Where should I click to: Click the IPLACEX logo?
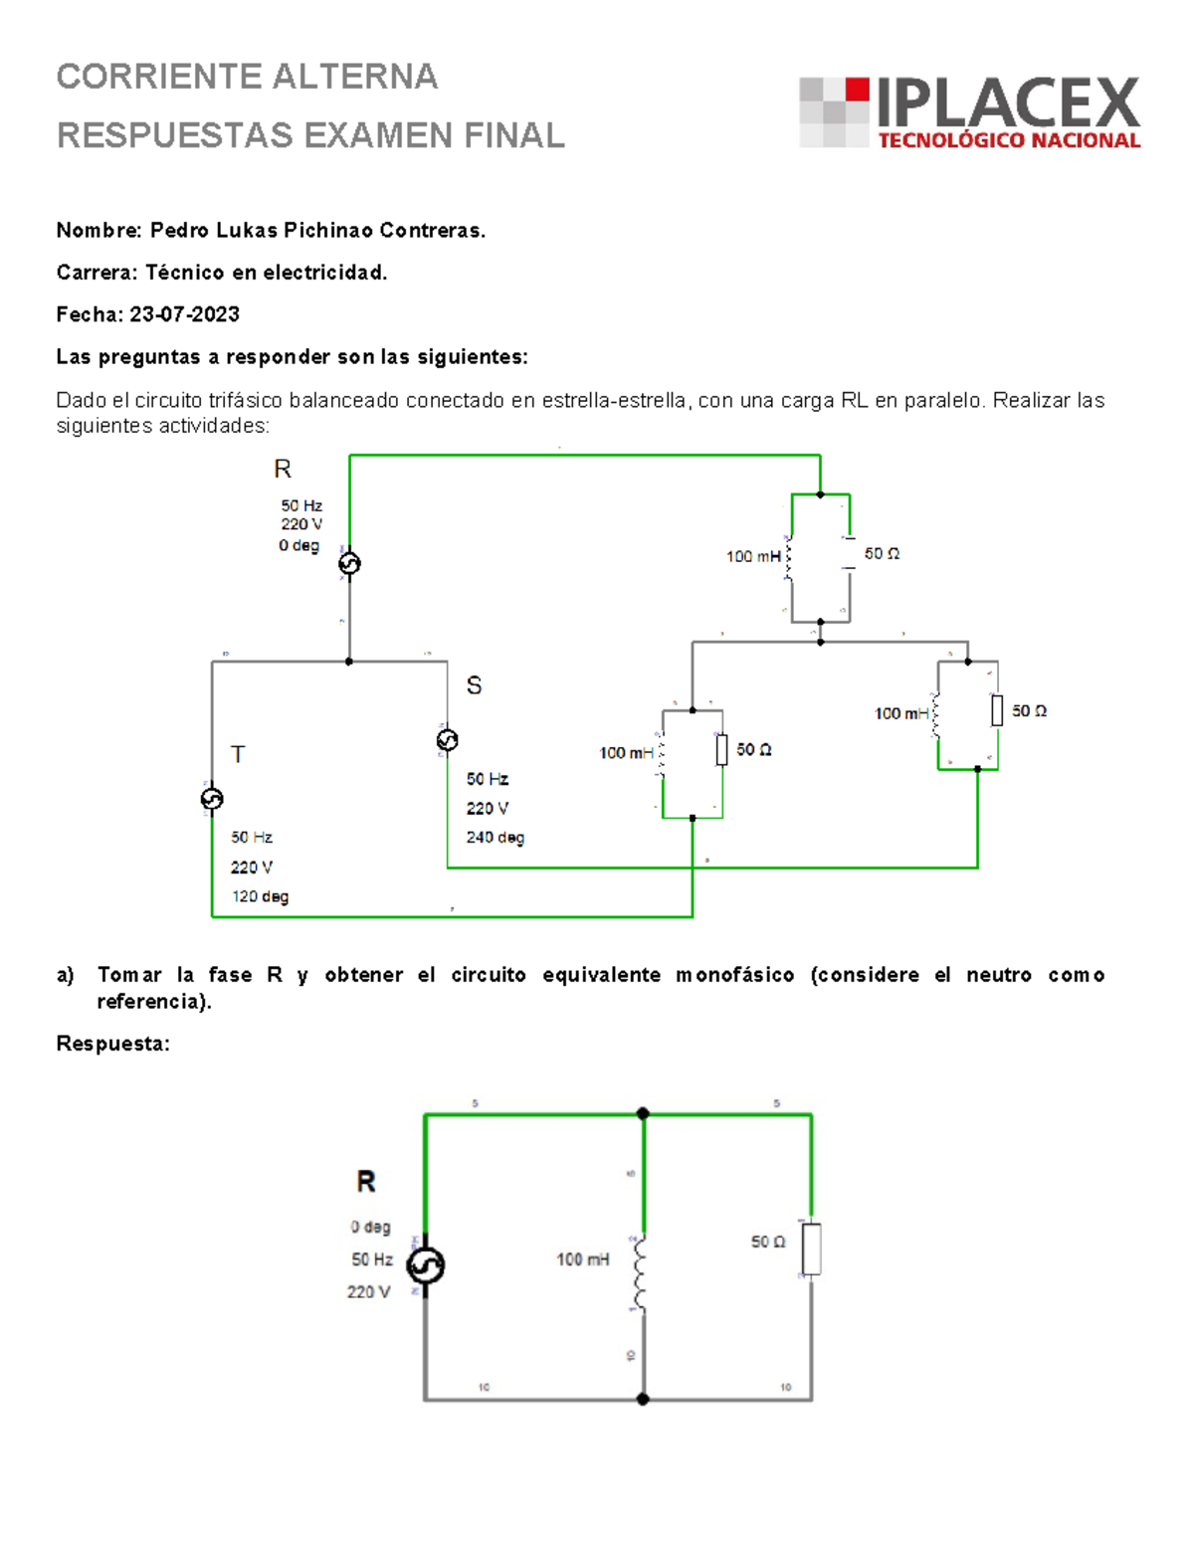coord(970,112)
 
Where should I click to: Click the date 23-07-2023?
coord(184,314)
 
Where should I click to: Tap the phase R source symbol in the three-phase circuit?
coord(349,564)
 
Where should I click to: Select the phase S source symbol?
coord(448,740)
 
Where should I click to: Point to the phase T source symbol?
coord(212,799)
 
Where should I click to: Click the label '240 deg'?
coord(495,838)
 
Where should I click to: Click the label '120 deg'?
coord(260,896)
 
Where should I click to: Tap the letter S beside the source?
coord(474,685)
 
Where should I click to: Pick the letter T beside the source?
coord(238,755)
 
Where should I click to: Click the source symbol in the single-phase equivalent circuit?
coord(426,1265)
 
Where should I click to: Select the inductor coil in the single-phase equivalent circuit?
coord(642,1273)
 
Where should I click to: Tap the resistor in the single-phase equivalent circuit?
coord(812,1249)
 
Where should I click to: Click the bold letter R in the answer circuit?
coord(366,1182)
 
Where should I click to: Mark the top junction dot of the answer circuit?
coord(643,1114)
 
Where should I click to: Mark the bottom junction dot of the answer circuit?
coord(643,1399)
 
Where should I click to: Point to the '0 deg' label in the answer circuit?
coord(370,1227)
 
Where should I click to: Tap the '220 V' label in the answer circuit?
coord(368,1291)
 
